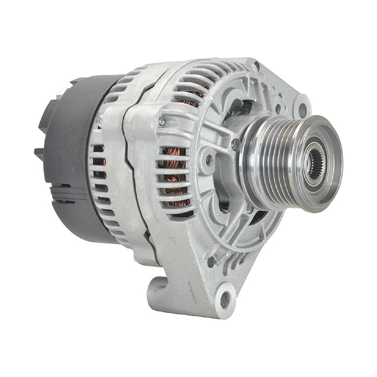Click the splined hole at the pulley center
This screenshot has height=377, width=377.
(x=316, y=163)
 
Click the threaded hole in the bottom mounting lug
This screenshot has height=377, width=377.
(x=225, y=300)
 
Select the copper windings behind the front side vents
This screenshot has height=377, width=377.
(x=176, y=177)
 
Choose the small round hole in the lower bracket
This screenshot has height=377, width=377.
(x=212, y=262)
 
